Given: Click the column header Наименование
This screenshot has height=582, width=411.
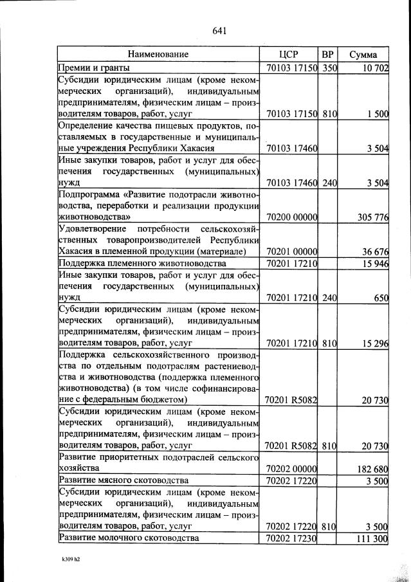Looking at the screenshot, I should coord(158,55).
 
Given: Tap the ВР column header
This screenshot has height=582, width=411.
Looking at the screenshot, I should coord(329,55).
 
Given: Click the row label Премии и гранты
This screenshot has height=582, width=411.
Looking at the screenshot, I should coord(95,68).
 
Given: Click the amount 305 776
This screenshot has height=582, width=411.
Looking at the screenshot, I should coord(372,217).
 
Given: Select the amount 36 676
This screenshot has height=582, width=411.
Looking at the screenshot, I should coord(374,251).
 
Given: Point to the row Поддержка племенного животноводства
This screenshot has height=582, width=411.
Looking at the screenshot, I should coord(142,264).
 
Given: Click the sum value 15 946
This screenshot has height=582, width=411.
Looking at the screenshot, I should coord(374,264).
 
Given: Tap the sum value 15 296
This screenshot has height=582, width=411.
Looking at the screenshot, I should coord(374,343).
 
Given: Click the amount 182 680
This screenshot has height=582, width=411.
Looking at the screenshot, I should coord(372,469).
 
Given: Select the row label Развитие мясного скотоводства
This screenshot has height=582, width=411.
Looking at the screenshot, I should coord(123,480).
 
